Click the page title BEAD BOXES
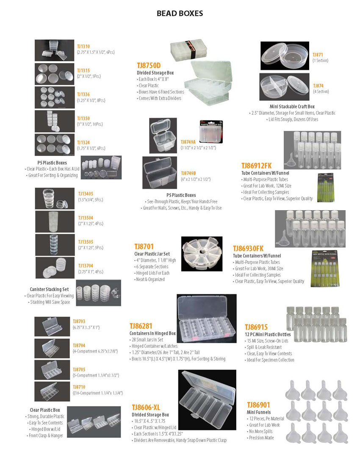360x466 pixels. pos(180,14)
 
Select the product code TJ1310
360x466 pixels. pos(83,46)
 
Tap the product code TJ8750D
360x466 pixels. pos(149,65)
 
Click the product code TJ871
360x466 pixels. pos(318,55)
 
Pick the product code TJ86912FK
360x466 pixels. pos(256,166)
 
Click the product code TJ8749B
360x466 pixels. pos(188,173)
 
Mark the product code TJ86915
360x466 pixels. pos(256,327)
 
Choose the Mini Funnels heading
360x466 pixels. pos(258,412)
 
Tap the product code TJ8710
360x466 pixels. pos(79,387)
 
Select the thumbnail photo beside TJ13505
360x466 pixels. pos(55,245)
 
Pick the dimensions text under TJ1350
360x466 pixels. pos(90,124)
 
